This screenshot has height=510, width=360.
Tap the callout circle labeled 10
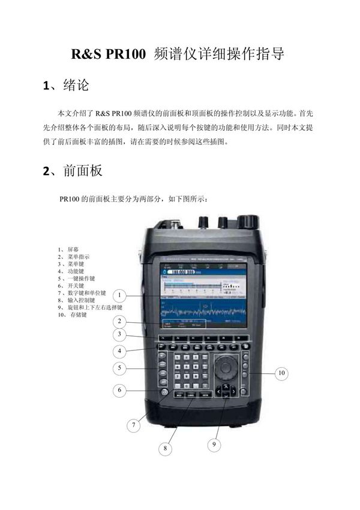tap(281, 373)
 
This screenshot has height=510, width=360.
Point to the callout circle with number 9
tap(214, 445)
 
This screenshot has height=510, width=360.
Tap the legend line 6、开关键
tap(71, 286)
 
